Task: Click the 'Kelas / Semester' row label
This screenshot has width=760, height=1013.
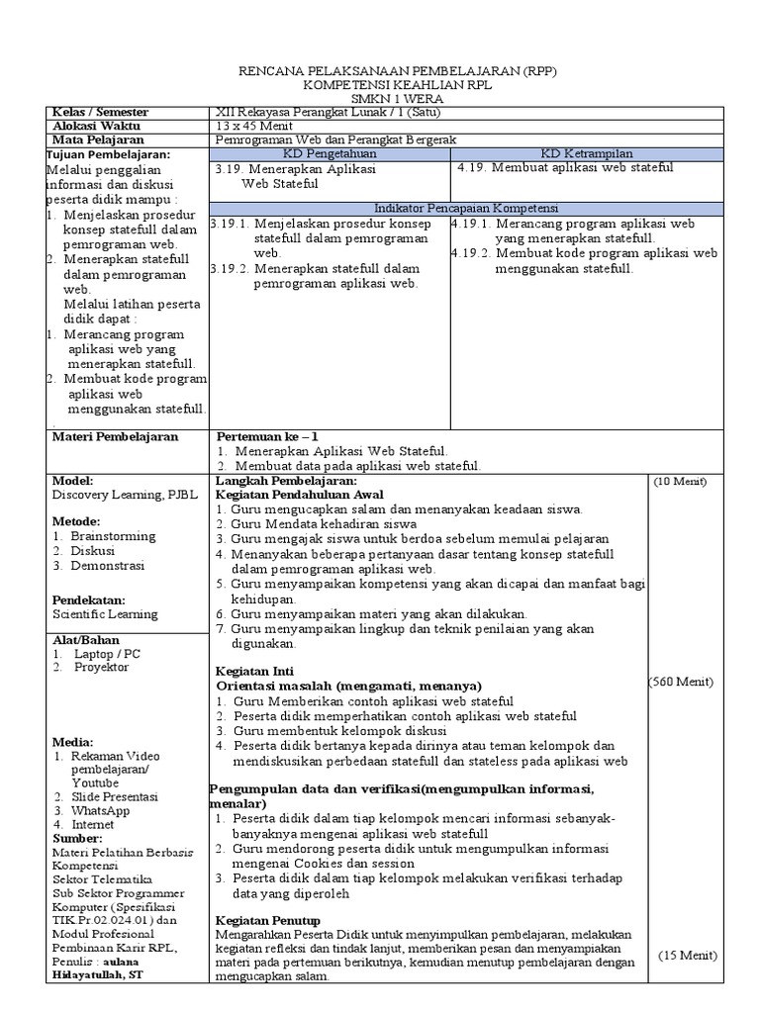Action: pos(99,113)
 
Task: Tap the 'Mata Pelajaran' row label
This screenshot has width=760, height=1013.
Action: pos(95,140)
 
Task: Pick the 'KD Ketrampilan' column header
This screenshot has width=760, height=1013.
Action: pos(587,154)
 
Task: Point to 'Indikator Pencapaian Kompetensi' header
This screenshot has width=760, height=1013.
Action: pos(466,210)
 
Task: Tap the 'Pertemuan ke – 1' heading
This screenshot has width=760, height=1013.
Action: pos(267,436)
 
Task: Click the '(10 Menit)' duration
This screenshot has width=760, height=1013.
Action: pos(679,482)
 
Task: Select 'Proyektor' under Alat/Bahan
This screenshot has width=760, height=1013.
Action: pos(101,667)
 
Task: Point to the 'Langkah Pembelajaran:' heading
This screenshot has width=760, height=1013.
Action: pos(279,480)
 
